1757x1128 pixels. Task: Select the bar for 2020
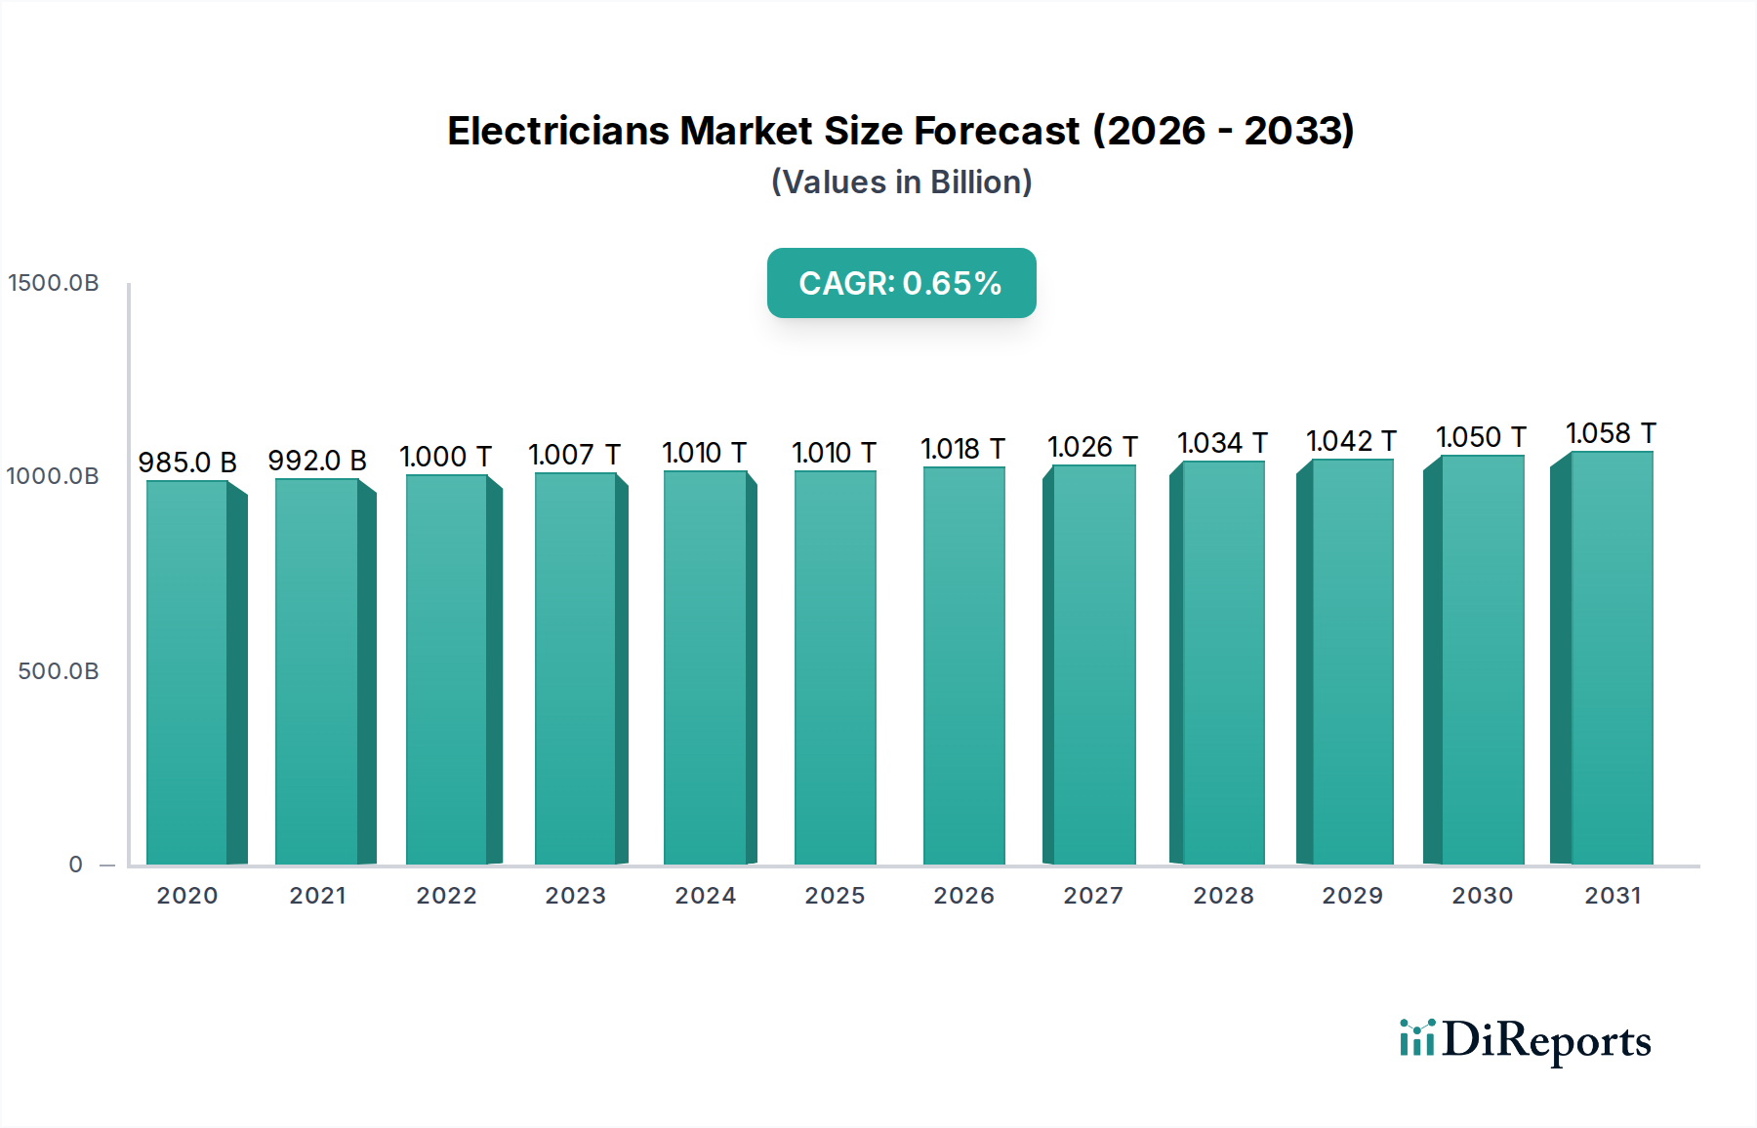[187, 673]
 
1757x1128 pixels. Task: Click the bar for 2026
[963, 666]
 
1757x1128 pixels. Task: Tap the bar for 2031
[1612, 659]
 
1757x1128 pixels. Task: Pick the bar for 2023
[576, 669]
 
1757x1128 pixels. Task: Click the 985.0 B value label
[187, 463]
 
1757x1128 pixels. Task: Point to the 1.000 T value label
[445, 457]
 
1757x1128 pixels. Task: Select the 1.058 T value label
[1611, 433]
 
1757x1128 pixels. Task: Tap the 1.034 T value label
[1222, 443]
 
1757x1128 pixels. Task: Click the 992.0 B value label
[317, 461]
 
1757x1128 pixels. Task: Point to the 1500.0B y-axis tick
[54, 283]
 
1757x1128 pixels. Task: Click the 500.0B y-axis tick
[59, 671]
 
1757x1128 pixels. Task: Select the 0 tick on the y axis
[76, 865]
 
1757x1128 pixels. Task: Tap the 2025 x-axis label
[835, 896]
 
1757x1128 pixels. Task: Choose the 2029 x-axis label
[1352, 896]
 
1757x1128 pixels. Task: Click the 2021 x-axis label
[317, 896]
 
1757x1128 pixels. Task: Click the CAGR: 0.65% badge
[901, 283]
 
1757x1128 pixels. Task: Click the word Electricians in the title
[559, 131]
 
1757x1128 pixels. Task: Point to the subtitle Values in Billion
[901, 182]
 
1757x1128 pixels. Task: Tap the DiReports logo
[1525, 1040]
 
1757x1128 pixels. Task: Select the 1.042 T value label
[1351, 441]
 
